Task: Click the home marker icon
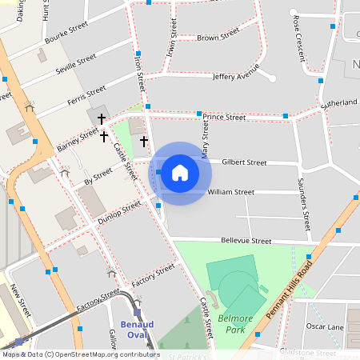[x=180, y=173]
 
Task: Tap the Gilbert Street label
[x=244, y=162]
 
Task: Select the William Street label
[x=230, y=192]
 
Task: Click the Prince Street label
[x=223, y=117]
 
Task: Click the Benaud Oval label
[x=120, y=330]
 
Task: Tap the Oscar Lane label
[x=324, y=326]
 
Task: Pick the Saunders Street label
[x=303, y=200]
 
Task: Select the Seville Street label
[x=76, y=65]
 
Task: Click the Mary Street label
[x=206, y=145]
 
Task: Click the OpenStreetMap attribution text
[x=80, y=354]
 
